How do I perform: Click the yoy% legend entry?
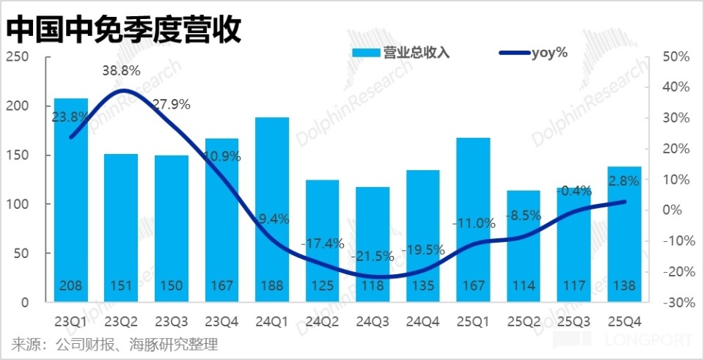[x=533, y=52]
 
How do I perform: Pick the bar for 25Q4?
[x=624, y=234]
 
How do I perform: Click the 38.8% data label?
[x=121, y=71]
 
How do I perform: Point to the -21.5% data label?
[x=372, y=257]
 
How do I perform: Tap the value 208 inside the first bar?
[x=71, y=286]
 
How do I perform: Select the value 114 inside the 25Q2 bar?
[x=524, y=286]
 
